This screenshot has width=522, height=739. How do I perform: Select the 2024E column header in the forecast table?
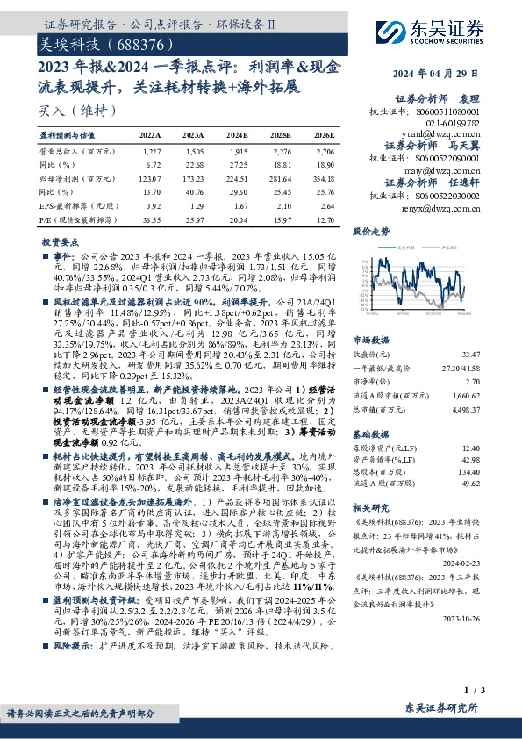(237, 136)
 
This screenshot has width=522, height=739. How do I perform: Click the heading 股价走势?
(370, 232)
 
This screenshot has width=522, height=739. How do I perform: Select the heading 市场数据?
(370, 338)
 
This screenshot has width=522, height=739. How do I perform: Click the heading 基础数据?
(370, 434)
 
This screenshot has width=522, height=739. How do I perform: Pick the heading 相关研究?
(370, 507)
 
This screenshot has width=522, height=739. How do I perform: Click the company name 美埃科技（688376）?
(93, 42)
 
